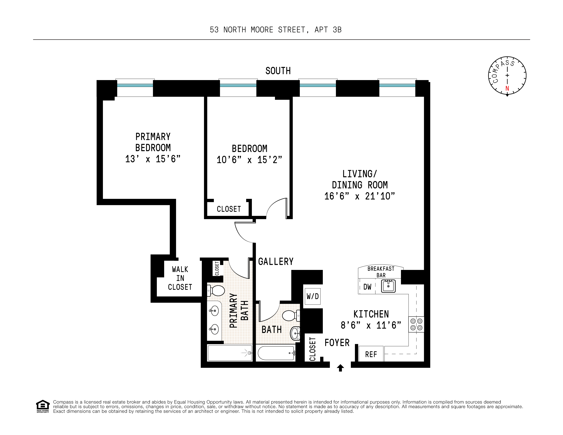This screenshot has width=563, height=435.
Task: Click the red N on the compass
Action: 507,88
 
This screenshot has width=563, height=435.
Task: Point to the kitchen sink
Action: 388,286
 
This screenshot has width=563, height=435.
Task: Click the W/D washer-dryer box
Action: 312,296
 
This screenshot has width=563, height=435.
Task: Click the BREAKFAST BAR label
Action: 381,272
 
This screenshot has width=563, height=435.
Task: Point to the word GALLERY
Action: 276,262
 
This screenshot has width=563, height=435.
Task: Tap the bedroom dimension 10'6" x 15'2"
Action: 249,160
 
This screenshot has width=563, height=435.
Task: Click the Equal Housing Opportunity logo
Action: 43,406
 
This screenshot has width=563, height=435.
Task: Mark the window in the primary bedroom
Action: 135,88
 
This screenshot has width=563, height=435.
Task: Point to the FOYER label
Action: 337,343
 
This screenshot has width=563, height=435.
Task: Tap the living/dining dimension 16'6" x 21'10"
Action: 360,196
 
